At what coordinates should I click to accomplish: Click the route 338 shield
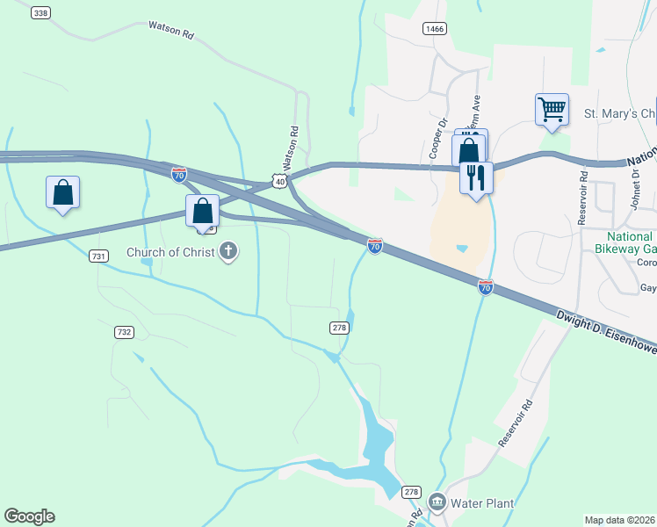click(x=40, y=13)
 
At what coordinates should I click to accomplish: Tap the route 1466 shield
click(x=434, y=29)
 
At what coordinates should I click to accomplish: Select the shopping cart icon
click(x=552, y=110)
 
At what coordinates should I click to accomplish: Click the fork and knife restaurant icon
click(x=476, y=177)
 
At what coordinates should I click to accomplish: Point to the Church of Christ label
click(x=171, y=253)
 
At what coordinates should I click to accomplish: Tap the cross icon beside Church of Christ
click(x=228, y=252)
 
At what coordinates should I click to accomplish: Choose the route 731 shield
click(x=98, y=256)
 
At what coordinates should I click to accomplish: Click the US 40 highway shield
click(x=278, y=181)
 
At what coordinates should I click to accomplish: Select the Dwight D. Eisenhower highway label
click(x=606, y=330)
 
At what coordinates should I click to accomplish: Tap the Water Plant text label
click(x=481, y=503)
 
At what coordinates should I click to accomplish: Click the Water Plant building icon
click(x=437, y=503)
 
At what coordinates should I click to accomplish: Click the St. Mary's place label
click(x=620, y=114)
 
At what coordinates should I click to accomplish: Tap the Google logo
click(x=29, y=516)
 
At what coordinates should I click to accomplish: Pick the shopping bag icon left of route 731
click(x=63, y=192)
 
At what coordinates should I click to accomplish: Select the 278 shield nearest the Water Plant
click(x=412, y=492)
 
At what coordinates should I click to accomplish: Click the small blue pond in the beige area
click(x=462, y=249)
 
